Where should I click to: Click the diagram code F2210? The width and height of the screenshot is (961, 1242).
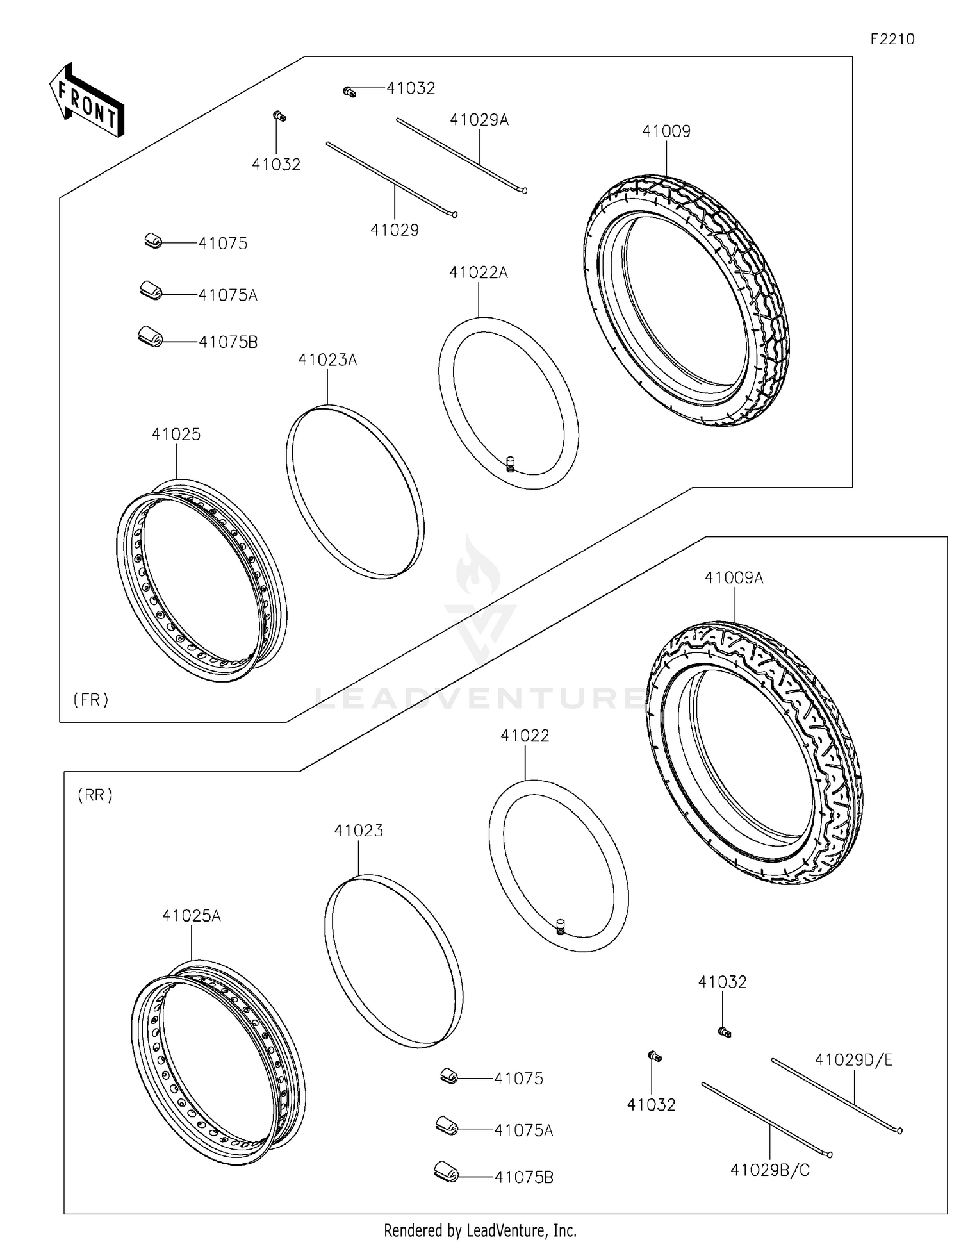click(x=892, y=39)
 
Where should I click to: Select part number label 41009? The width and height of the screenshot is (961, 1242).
click(x=666, y=131)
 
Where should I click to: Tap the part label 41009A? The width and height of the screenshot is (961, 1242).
click(x=734, y=577)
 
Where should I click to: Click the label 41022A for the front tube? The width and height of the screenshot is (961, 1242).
click(x=478, y=272)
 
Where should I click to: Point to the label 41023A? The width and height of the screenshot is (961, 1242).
click(x=327, y=360)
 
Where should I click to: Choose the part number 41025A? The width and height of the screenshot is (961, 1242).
click(x=191, y=916)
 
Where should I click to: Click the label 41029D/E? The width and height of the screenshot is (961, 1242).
click(x=853, y=1060)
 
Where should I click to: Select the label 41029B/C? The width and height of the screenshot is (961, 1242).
click(x=770, y=1170)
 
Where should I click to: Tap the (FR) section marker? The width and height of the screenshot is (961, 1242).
click(x=91, y=700)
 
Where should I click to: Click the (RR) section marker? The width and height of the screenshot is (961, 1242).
click(x=95, y=795)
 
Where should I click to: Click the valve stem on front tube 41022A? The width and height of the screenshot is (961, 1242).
click(x=511, y=463)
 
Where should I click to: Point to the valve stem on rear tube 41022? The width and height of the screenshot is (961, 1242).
click(x=561, y=926)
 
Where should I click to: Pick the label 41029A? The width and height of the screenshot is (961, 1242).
click(x=479, y=120)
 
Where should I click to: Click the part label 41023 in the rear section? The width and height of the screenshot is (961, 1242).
click(x=358, y=831)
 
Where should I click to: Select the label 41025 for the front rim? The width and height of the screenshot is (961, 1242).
click(x=176, y=435)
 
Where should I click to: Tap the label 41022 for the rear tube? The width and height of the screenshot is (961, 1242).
click(x=525, y=736)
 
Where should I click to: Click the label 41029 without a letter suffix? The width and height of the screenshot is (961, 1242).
click(x=394, y=230)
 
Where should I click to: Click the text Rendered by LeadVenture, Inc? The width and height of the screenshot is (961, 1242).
click(x=480, y=1230)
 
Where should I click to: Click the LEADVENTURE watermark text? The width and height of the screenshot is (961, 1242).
click(x=481, y=697)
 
